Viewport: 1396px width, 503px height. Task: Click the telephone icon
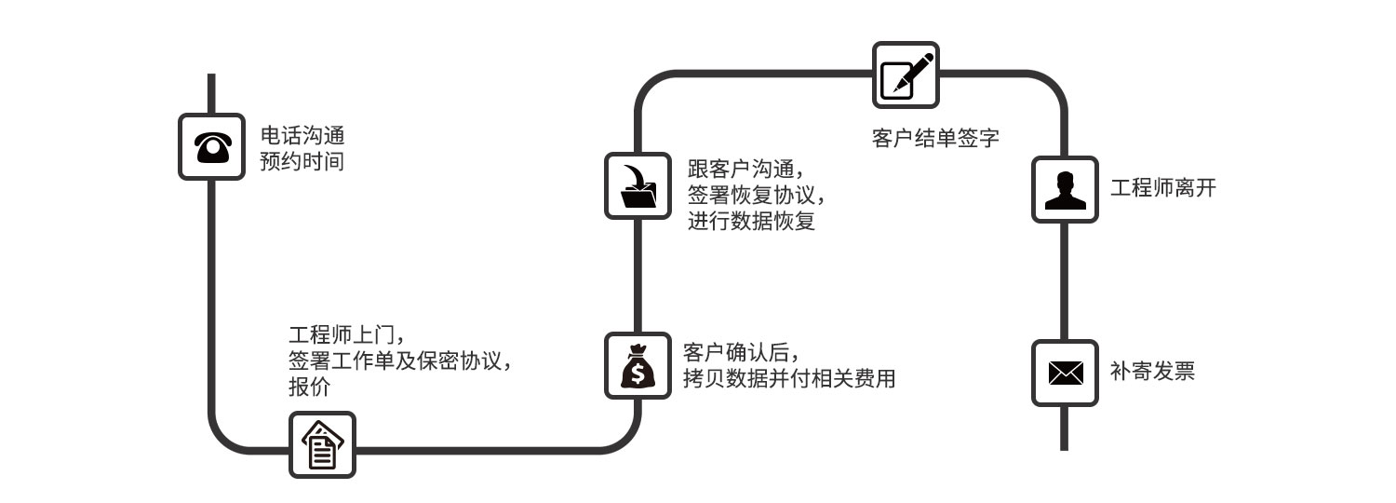point(211,146)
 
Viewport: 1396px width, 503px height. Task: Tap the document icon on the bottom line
point(322,444)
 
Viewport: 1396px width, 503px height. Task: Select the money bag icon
point(638,366)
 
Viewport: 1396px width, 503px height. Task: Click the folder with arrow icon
point(638,185)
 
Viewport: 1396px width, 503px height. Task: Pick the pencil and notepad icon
point(906,75)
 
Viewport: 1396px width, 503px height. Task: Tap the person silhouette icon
point(1065,189)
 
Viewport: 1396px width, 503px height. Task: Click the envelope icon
point(1065,373)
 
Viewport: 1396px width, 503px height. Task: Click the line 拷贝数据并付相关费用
point(788,378)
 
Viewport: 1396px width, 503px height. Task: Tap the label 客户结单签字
point(935,139)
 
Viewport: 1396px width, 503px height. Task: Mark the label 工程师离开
point(1163,188)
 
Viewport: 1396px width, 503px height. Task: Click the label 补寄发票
point(1152,372)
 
